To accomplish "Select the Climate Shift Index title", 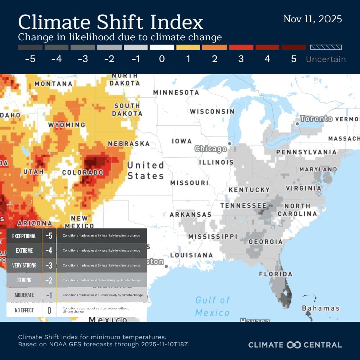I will point(111,22).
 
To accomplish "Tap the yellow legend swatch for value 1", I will point(188,47).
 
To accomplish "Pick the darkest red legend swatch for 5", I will point(293,47).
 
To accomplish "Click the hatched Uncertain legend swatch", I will point(326,47).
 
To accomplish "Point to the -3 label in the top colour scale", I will point(83,59).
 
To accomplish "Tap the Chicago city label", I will point(211,149).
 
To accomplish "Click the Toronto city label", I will point(316,119).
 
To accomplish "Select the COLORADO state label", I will point(83,172).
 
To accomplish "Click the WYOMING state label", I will point(67,125).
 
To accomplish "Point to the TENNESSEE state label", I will point(243,206).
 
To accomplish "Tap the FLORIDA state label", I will point(276,274).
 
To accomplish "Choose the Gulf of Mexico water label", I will point(212,306).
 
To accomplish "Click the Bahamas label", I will point(320,308).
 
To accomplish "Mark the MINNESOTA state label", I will point(176,93).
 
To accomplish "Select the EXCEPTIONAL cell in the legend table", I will point(24,236).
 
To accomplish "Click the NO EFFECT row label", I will point(24,310).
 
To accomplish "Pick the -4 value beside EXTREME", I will point(49,251).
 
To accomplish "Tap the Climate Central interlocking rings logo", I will point(293,345).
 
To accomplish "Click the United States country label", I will point(145,171).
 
